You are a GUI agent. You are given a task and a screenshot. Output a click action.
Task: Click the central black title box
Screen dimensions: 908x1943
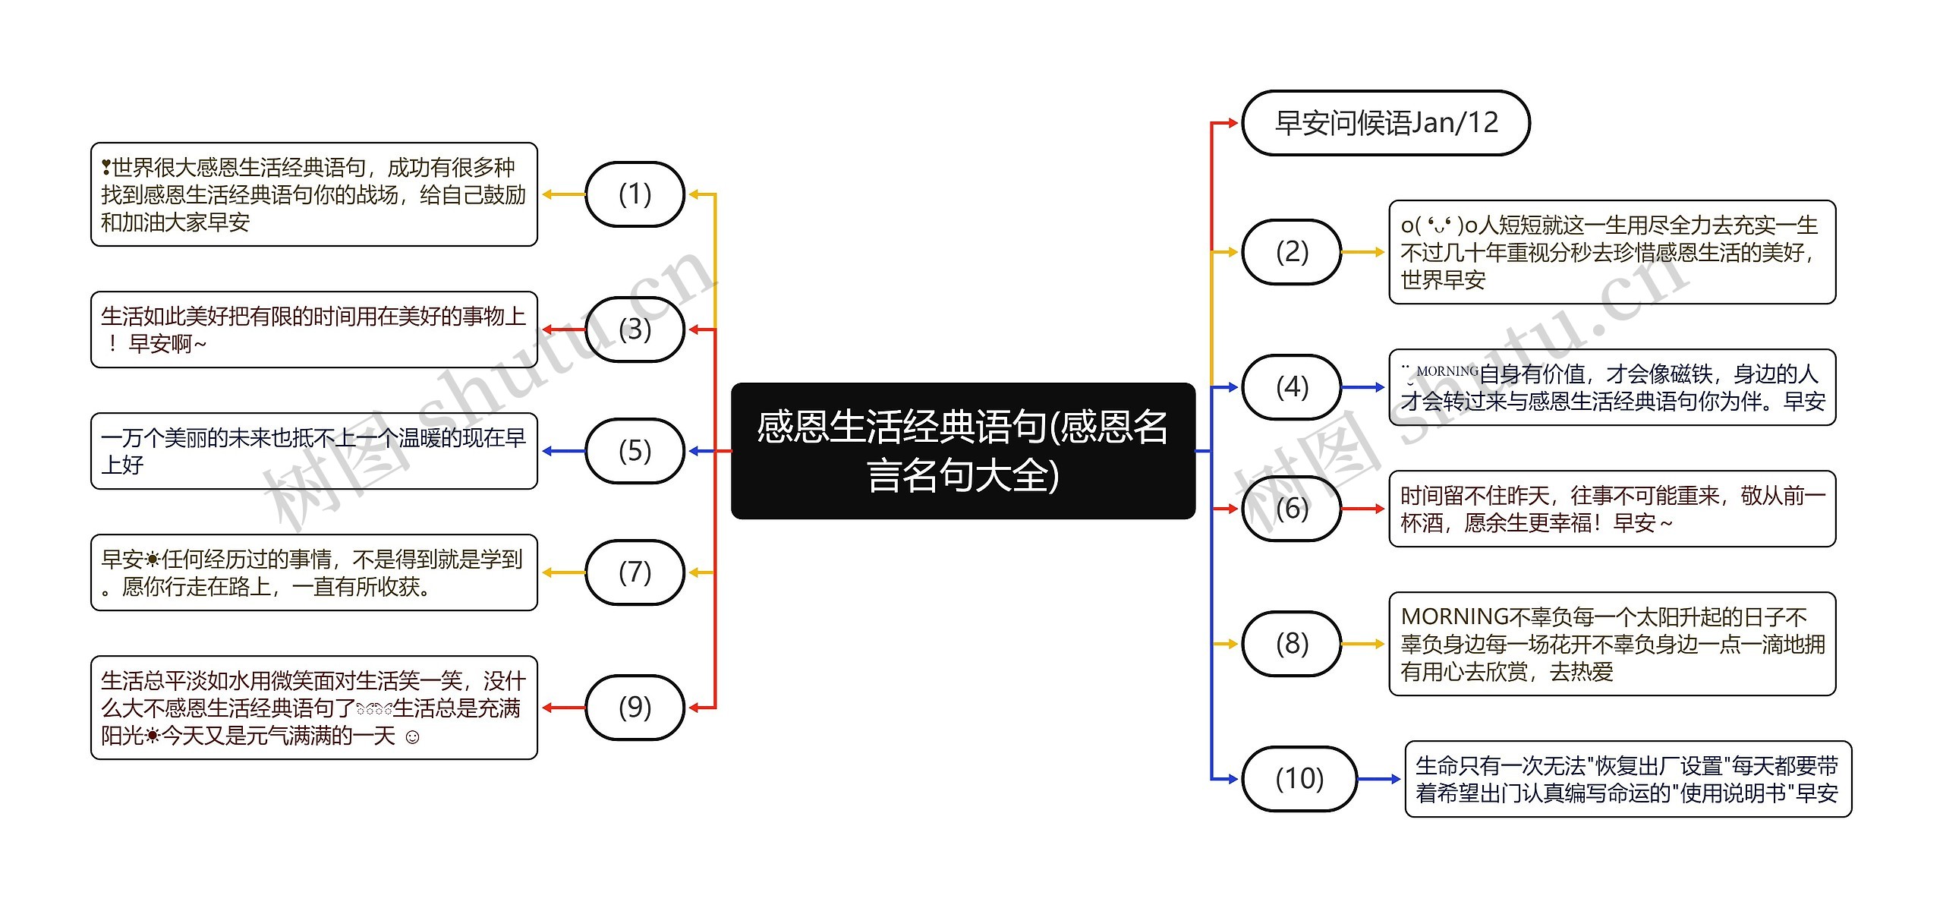click(962, 451)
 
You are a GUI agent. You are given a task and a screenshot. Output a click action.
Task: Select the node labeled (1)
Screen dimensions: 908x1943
click(635, 194)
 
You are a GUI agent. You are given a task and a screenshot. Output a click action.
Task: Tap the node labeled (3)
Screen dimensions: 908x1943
click(635, 329)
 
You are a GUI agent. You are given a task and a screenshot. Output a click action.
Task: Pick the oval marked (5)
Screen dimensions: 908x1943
click(635, 451)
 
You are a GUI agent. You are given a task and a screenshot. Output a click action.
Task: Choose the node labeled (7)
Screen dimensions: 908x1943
click(635, 572)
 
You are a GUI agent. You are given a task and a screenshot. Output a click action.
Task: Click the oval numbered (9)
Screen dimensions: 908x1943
click(635, 708)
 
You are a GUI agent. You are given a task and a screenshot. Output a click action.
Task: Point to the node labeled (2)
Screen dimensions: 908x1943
click(1292, 252)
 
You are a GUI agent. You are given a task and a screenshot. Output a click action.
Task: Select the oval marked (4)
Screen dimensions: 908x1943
click(1292, 387)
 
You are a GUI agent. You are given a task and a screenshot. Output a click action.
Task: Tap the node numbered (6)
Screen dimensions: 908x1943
click(1292, 509)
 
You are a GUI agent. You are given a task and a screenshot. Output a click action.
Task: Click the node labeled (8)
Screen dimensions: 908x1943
click(1292, 644)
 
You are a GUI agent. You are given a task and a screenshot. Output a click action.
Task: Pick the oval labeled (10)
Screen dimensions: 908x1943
click(1299, 779)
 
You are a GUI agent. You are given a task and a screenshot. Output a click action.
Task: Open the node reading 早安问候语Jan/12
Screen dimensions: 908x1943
click(1386, 123)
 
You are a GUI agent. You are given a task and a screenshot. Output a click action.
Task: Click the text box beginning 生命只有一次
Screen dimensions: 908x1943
click(1628, 779)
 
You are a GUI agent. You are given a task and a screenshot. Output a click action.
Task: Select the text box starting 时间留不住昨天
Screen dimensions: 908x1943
click(1612, 509)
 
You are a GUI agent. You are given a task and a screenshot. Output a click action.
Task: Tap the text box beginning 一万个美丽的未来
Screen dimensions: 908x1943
click(313, 451)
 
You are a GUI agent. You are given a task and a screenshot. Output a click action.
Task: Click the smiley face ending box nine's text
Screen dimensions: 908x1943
click(412, 736)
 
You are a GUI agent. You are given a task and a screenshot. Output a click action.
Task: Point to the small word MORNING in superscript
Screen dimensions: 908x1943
click(1447, 371)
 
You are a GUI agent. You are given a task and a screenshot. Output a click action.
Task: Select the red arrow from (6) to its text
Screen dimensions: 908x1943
click(1364, 509)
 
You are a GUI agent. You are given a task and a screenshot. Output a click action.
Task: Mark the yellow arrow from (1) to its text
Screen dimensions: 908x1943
click(563, 194)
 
